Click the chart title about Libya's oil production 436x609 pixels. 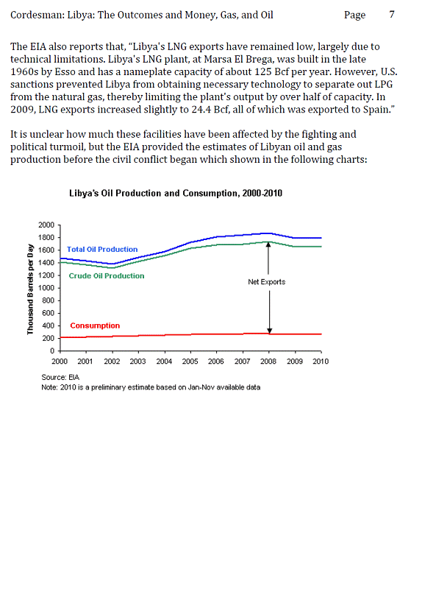(176, 193)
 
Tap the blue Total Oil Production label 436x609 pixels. (102, 250)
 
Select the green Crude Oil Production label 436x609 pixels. (107, 275)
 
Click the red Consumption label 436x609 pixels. (95, 325)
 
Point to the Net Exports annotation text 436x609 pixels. (266, 281)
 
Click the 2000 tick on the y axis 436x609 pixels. (46, 225)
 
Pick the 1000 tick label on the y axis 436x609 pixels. (46, 288)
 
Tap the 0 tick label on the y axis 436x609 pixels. (52, 351)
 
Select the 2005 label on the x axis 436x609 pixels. (190, 362)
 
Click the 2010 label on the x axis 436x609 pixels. (321, 362)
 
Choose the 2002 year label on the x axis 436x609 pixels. (112, 362)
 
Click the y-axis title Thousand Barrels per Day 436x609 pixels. (30, 289)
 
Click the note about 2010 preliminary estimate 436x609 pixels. (151, 387)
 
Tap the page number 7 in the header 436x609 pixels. (392, 15)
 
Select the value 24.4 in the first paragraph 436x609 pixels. (201, 110)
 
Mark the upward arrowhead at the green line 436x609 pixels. (268, 245)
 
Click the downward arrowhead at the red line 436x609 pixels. (270, 331)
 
